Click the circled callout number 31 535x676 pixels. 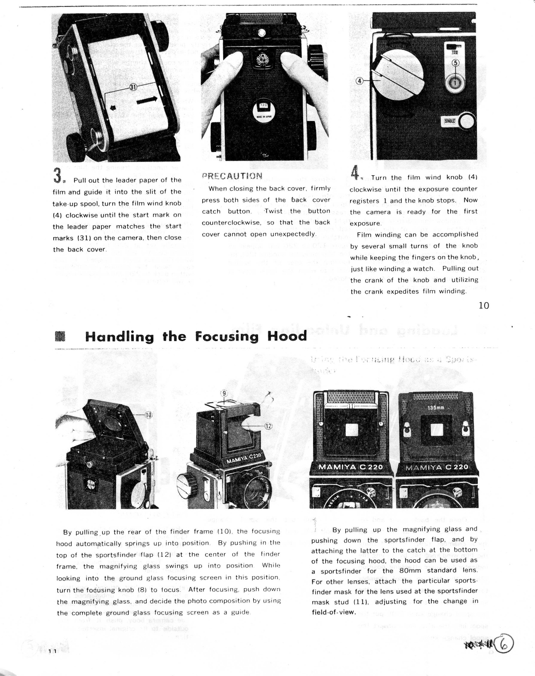click(133, 87)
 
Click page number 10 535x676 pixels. click(484, 306)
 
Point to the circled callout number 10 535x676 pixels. click(148, 416)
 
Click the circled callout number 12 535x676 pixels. click(268, 427)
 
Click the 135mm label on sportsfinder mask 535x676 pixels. click(436, 408)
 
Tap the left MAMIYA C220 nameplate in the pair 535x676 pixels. click(353, 468)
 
